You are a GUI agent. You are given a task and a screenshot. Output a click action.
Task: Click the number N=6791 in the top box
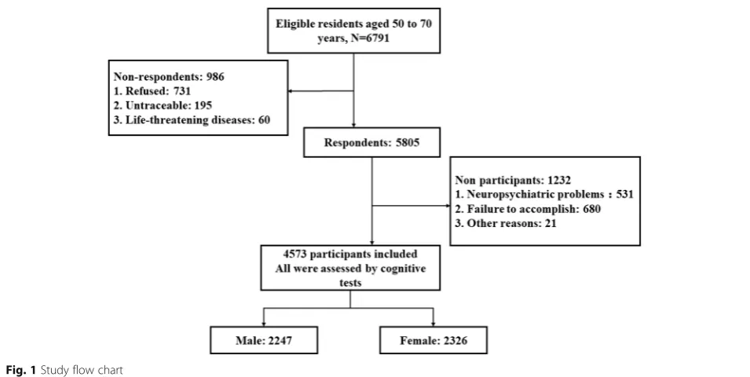coord(370,38)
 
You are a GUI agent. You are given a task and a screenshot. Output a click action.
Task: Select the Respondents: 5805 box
coord(371,142)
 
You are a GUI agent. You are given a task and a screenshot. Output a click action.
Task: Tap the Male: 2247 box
coord(264,340)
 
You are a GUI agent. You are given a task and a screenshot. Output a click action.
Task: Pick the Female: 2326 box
coord(434,340)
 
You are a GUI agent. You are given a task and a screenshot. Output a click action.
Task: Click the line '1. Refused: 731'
coord(152,91)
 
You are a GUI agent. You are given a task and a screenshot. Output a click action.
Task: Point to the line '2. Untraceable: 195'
coord(163,105)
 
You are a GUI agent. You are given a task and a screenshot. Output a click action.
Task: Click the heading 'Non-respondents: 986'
coord(169,76)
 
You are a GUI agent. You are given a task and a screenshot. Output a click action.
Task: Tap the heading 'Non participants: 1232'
coord(513,180)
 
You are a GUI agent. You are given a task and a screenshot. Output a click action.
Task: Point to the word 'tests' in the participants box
coord(350,283)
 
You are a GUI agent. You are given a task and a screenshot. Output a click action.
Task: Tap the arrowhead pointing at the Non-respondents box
coord(291,91)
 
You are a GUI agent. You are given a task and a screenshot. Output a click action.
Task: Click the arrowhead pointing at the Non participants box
coord(447,206)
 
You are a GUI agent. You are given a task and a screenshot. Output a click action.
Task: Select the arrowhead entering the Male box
coord(264,324)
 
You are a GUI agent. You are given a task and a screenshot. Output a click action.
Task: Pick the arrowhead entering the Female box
coord(434,324)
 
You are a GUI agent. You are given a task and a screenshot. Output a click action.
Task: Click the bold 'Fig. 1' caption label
coord(20,370)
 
